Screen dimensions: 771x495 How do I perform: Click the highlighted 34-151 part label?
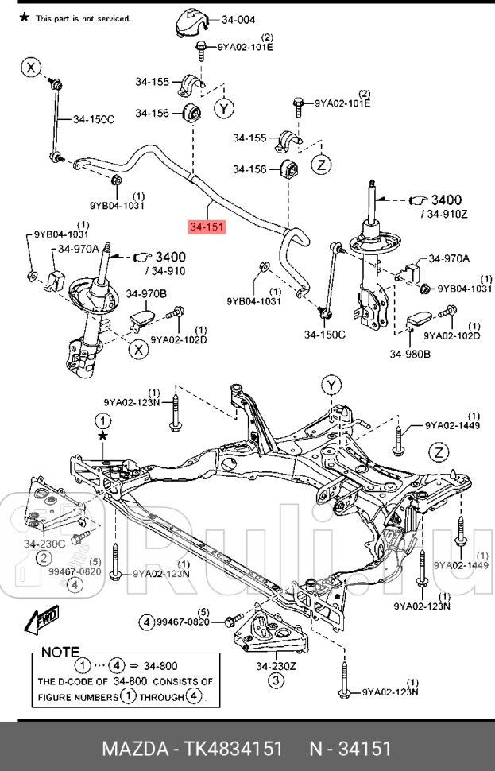[x=207, y=227]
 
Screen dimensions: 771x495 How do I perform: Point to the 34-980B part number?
[x=409, y=354]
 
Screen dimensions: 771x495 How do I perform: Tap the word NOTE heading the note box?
[x=60, y=651]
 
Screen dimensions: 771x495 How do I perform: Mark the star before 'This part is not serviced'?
[x=24, y=17]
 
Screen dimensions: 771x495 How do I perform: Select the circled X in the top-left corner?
[x=31, y=68]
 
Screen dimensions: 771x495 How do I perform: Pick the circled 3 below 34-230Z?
[x=275, y=680]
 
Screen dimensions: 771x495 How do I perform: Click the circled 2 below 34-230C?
[x=43, y=559]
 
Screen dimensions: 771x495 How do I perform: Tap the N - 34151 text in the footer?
[x=350, y=749]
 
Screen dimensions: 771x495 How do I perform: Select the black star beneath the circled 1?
[x=102, y=436]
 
